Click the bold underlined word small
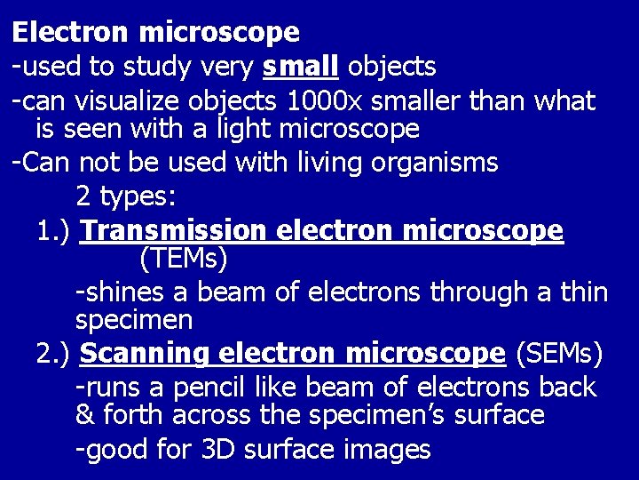click(303, 66)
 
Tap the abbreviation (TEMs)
click(184, 260)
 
